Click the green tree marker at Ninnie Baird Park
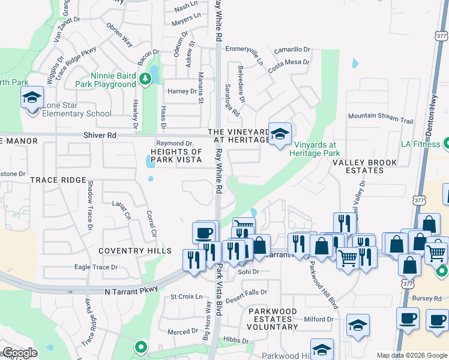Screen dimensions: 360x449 (x=145, y=79)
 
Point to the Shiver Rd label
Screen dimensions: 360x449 (x=100, y=136)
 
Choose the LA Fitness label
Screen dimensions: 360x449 (x=421, y=144)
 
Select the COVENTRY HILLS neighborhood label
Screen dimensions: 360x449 (x=137, y=251)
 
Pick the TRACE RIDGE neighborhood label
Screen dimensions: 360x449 (x=58, y=180)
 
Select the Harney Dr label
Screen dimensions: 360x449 (x=182, y=92)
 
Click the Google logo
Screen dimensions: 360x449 (x=20, y=353)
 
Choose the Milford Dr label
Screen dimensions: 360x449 (x=318, y=319)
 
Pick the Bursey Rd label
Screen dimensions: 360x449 (x=427, y=298)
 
